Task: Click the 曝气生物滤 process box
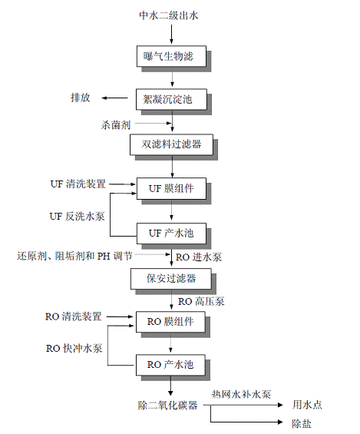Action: [x=171, y=56]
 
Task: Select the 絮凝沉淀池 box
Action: [x=171, y=99]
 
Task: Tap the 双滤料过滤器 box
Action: [x=171, y=144]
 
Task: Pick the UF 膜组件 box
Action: [x=171, y=188]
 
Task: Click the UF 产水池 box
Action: [x=171, y=234]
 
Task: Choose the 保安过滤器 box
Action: [x=171, y=279]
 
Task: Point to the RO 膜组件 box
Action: [x=170, y=322]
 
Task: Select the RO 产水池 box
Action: [x=170, y=365]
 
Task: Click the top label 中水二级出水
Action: [x=169, y=15]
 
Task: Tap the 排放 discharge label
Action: [x=81, y=98]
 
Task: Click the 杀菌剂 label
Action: [x=116, y=125]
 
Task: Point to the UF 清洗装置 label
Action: [x=78, y=184]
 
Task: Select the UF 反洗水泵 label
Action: [x=77, y=216]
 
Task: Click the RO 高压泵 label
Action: [x=201, y=301]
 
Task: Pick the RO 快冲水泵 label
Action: [x=74, y=348]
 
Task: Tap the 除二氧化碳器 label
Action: [x=168, y=406]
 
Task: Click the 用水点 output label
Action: [x=308, y=405]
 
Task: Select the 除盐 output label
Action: [x=302, y=423]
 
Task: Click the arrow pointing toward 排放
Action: [x=114, y=98]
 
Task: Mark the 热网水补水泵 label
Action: [x=241, y=394]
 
